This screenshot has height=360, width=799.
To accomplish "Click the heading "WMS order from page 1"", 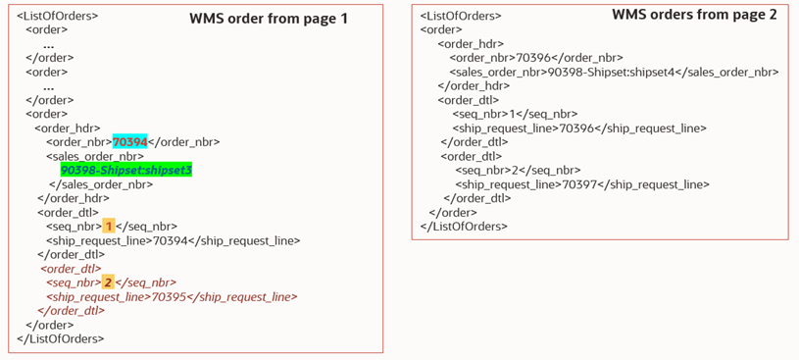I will point(268,19).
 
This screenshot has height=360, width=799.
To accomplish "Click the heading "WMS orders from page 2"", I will point(694,15).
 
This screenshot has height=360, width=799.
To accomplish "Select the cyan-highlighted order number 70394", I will point(129,141).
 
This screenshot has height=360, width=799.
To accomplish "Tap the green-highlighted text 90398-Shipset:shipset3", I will point(125,170).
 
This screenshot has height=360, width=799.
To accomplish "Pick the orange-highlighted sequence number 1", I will point(109,226).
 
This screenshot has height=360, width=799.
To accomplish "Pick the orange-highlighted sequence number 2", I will point(109,282).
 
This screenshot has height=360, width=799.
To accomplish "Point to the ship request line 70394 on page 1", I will point(173,240).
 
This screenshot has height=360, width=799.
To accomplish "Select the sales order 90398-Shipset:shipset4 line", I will point(614,72).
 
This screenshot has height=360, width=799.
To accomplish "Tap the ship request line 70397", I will point(582,183).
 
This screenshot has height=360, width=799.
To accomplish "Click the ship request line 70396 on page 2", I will point(579,128).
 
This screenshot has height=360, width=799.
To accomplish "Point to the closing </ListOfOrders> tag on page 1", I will point(61,338).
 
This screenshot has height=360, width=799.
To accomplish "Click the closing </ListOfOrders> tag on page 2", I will point(464,227).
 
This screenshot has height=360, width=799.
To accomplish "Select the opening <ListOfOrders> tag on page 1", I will point(57,16).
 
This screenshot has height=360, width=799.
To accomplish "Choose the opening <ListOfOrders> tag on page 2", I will point(460,16).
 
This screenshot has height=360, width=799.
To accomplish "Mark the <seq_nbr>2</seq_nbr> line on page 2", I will point(518,170).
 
